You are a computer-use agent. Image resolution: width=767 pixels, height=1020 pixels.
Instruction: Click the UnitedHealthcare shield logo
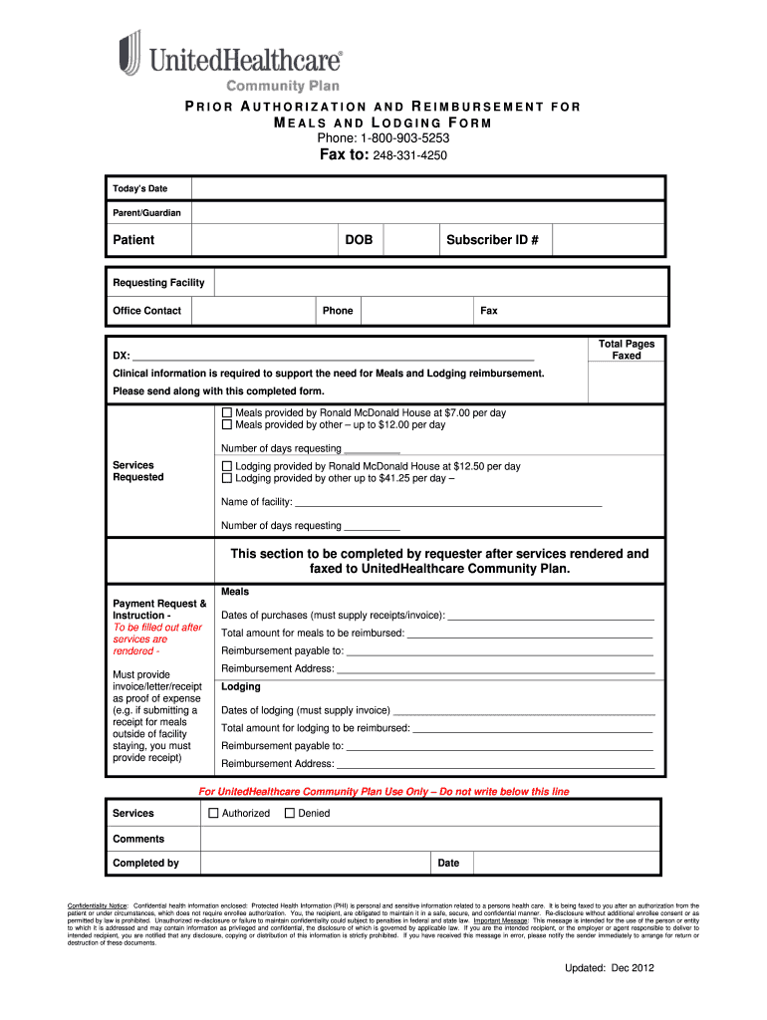click(x=129, y=53)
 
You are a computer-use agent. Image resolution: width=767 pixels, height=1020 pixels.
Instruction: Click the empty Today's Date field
click(x=427, y=189)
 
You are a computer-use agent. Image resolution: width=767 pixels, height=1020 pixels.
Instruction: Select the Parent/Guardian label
click(x=146, y=213)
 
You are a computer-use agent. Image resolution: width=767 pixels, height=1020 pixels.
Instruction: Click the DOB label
click(x=359, y=240)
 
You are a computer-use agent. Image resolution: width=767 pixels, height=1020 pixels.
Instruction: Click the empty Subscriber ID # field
click(x=608, y=240)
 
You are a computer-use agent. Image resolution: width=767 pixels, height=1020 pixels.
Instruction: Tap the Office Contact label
click(x=147, y=311)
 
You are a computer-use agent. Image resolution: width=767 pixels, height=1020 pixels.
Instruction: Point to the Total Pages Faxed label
click(x=626, y=350)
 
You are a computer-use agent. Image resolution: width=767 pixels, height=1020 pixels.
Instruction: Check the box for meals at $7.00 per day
click(x=226, y=412)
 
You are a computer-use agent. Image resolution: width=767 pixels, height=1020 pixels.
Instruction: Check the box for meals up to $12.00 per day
click(x=226, y=425)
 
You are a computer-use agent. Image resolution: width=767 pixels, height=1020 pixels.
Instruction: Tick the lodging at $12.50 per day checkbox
click(x=226, y=466)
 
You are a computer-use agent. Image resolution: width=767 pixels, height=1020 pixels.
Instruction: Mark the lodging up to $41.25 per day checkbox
click(x=226, y=479)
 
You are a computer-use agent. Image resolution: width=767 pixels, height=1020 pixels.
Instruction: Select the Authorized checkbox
click(x=213, y=813)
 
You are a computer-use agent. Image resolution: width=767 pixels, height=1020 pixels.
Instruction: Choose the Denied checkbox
click(x=290, y=813)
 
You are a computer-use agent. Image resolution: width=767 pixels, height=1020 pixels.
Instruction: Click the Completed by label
click(x=145, y=863)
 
